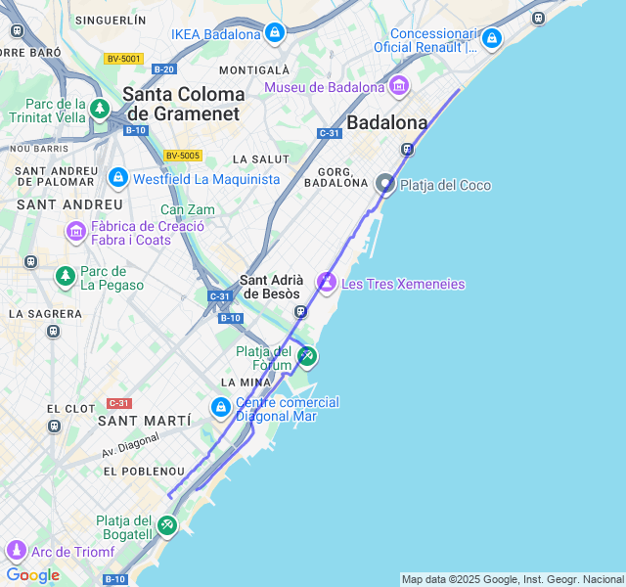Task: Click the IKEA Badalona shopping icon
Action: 274,34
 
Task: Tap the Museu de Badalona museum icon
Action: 398,87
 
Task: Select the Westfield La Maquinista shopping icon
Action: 118,179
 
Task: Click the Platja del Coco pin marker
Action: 385,184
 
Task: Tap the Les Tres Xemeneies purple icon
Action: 326,284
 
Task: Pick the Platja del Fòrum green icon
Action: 307,356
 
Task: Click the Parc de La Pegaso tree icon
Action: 66,277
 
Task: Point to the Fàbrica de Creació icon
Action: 75,232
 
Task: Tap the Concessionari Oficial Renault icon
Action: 491,39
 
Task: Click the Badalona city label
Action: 387,123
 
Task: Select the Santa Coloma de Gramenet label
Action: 184,104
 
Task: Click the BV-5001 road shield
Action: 124,59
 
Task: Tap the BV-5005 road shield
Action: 182,156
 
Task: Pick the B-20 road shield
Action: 164,68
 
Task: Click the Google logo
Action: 32,575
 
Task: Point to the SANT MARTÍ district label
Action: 145,420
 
